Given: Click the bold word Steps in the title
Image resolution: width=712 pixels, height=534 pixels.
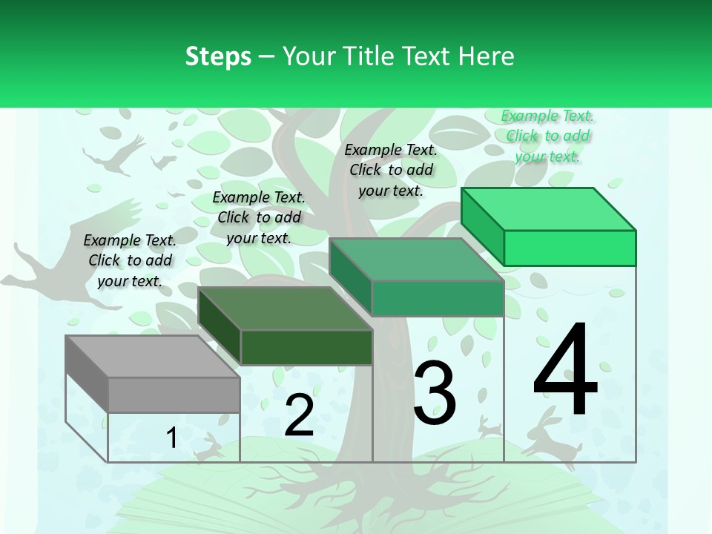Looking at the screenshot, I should coord(218,56).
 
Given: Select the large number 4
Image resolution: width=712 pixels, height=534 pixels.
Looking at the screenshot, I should coord(565,371).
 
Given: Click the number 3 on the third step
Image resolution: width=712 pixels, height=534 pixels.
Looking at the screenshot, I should coord(434,392).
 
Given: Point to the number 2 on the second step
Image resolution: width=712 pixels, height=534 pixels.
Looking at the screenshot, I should coord(299,415).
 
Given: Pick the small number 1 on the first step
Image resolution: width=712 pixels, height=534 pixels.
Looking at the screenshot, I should coord(171,438).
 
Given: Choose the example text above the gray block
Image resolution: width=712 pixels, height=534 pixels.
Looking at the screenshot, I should coord(130,260).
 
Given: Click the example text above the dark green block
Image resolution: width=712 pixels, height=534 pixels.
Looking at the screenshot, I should coord(259,217).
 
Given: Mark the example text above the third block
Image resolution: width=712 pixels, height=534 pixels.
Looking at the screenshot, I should coord(391,170).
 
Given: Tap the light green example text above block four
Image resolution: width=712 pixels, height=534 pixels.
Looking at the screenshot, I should coord(547,136).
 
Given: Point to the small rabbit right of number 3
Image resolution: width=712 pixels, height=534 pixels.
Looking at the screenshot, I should coord(489,426).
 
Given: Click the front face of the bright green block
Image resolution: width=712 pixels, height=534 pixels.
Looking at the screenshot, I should coord(570,248).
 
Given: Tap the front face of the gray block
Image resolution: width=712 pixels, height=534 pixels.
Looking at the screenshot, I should coord(174,395).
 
